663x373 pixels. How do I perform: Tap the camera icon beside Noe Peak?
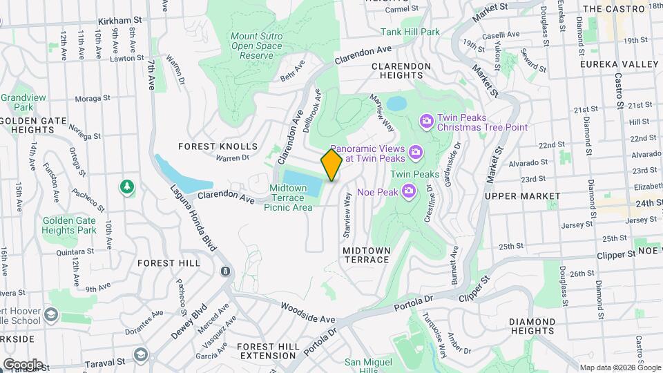[409, 190]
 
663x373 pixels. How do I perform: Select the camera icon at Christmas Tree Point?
[426, 122]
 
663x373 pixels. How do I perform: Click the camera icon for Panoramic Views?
[415, 151]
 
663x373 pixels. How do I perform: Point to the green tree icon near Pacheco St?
[126, 186]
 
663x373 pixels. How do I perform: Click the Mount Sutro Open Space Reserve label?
[253, 46]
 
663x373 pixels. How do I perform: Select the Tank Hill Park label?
[410, 32]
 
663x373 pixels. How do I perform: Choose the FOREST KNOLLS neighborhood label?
[218, 146]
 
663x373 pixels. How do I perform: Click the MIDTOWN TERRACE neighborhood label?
[367, 254]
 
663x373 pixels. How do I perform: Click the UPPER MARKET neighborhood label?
[523, 196]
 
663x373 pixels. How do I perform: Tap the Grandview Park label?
[17, 102]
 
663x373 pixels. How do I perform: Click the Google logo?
[23, 364]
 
